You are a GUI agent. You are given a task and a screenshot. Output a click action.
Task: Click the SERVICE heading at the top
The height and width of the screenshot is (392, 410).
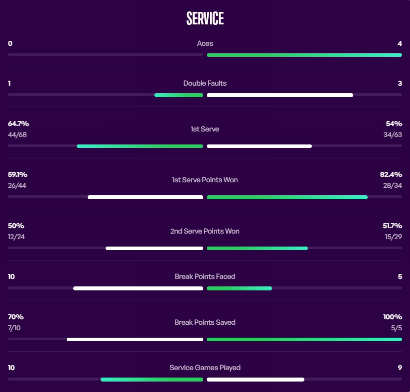[x=205, y=19]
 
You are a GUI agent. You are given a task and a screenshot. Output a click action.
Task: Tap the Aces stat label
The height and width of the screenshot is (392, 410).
[x=205, y=43]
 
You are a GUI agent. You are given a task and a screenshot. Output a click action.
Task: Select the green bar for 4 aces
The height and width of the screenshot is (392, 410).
[x=304, y=55]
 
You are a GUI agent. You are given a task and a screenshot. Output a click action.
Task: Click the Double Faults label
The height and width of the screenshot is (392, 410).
[x=205, y=83]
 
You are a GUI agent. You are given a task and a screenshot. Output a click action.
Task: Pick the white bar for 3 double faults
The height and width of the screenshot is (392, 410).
[x=279, y=95]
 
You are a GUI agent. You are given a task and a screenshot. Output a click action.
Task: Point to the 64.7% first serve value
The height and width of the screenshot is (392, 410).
[x=18, y=124]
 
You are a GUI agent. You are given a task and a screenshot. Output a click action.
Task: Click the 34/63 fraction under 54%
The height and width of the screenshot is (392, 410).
[x=392, y=134]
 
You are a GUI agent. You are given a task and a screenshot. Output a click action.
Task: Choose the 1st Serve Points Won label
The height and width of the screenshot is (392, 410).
[x=205, y=179]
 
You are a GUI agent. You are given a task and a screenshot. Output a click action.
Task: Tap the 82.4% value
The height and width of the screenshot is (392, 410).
[x=391, y=174]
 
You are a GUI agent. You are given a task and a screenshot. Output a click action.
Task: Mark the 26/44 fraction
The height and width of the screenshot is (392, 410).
[x=17, y=185]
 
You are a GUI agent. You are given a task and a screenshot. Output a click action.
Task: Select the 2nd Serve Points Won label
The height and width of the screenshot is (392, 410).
[x=205, y=231]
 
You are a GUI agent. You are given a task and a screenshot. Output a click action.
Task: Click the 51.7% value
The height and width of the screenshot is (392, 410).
[x=392, y=226]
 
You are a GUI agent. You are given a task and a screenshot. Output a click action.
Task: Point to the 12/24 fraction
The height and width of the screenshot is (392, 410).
[x=16, y=237]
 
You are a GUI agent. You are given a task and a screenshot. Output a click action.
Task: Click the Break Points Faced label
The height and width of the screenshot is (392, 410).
[x=205, y=276]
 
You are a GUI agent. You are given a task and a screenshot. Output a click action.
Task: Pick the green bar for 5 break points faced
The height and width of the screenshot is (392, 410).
[x=239, y=288]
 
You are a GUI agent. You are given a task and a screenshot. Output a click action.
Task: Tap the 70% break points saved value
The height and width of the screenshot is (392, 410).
[x=16, y=317]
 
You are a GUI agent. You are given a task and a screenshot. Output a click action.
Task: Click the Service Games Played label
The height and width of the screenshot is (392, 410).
[x=205, y=368]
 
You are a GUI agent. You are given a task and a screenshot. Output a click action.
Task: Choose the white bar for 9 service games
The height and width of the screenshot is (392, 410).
[x=255, y=380]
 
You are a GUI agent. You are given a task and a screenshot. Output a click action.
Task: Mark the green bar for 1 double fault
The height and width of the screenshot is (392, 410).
[x=179, y=95]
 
